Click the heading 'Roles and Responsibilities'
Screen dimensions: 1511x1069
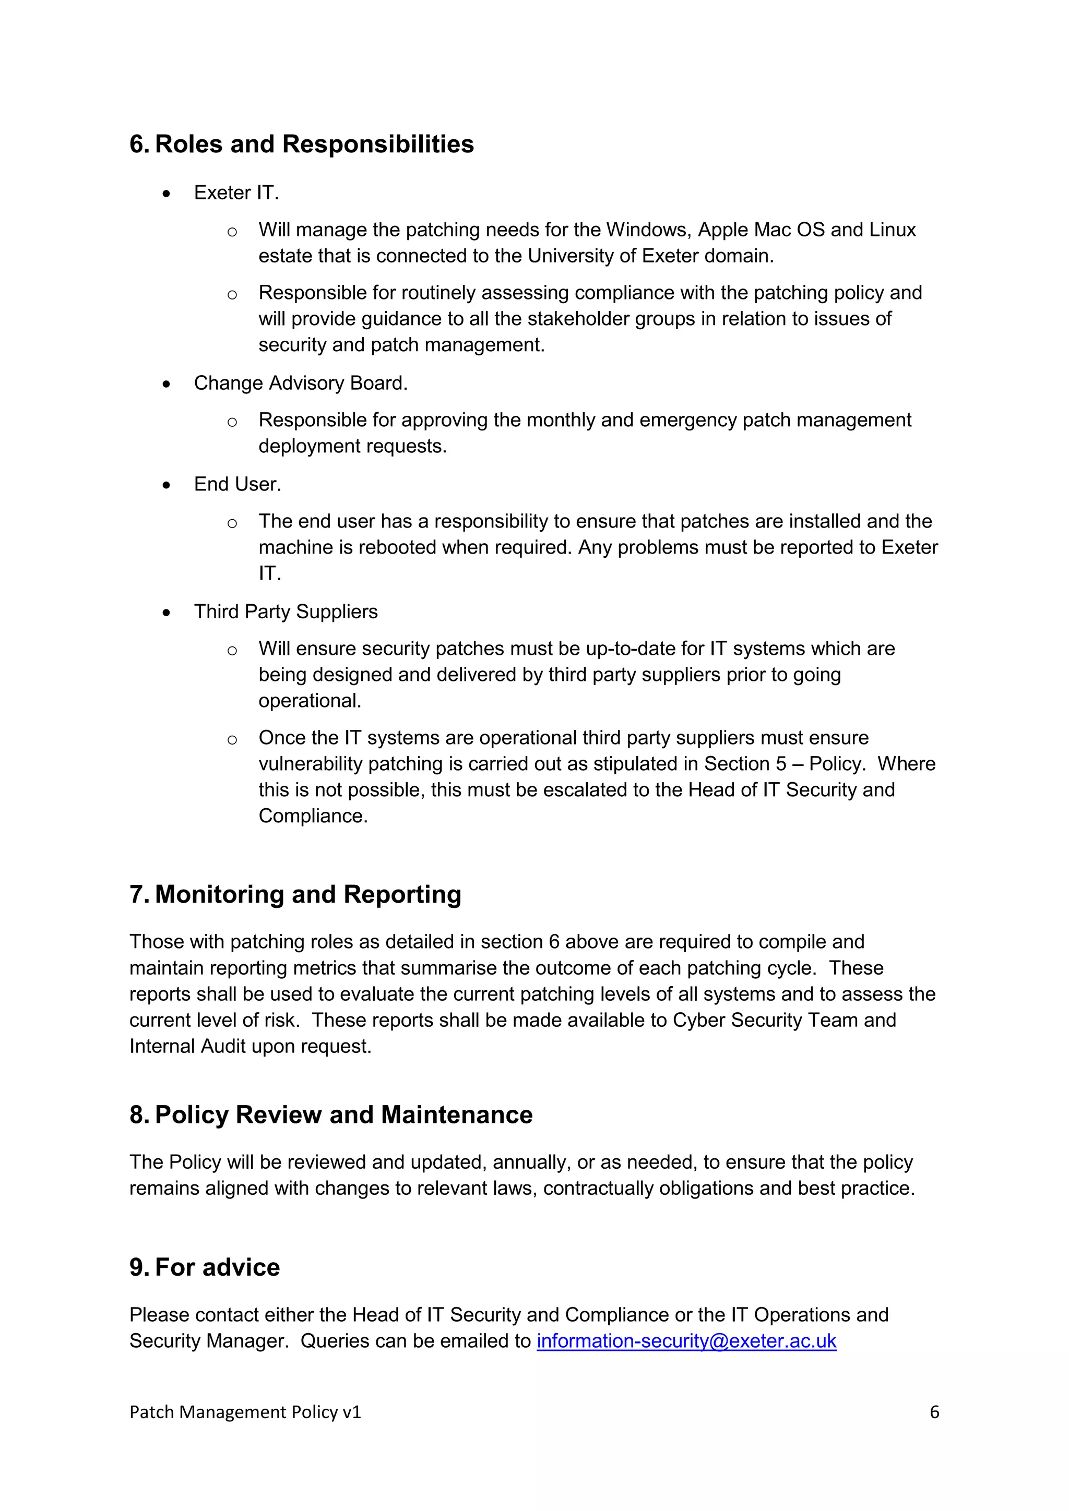(314, 144)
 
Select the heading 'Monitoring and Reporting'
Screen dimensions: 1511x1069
(308, 894)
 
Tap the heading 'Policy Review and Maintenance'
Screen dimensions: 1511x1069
(343, 1115)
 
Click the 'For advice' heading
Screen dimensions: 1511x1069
(217, 1267)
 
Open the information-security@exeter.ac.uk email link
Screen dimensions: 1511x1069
(686, 1341)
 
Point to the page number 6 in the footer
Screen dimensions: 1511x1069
(934, 1412)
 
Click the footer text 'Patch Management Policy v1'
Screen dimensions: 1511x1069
(245, 1412)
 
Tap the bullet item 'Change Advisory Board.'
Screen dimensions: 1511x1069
(301, 383)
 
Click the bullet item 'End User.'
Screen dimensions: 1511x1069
(237, 484)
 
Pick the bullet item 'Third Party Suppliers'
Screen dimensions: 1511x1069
(286, 611)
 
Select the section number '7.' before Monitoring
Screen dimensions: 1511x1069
(139, 894)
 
